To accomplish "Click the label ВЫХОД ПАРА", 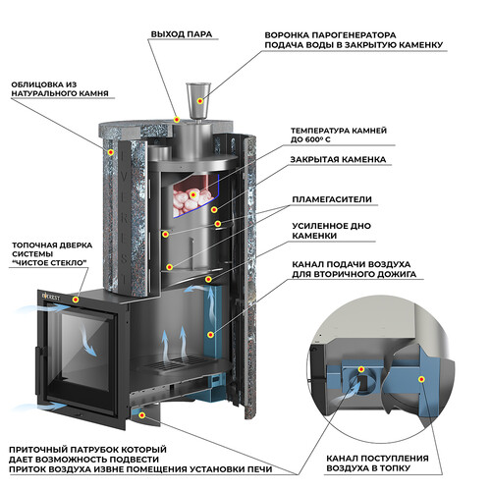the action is (182, 34).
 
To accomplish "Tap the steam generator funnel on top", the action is (198, 101).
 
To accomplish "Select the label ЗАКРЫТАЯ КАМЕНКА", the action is (338, 159).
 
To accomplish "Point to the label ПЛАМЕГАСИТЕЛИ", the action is (332, 199).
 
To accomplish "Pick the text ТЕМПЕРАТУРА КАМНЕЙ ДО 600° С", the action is (339, 135).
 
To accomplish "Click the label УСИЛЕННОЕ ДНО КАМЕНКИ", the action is (331, 231).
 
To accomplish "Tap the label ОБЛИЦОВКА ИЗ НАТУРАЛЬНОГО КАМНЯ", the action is (60, 89).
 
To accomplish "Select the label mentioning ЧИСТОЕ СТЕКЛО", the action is (52, 254).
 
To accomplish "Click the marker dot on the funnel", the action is (200, 101).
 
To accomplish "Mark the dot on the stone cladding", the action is (111, 152).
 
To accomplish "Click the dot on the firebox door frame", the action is (76, 300).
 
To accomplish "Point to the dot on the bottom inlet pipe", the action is (142, 415).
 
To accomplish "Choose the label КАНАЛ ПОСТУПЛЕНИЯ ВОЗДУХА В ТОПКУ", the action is (377, 464).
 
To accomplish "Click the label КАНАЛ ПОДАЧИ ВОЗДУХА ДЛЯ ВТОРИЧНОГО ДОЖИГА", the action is (354, 269).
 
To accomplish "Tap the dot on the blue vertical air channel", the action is (211, 335).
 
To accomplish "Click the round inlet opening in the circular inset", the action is (361, 382).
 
